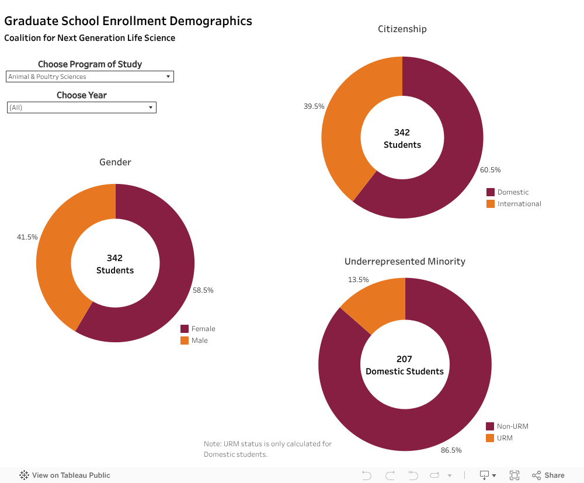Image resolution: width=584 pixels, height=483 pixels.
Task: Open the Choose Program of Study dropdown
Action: pos(89,77)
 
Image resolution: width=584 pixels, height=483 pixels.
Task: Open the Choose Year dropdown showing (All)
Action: pos(81,107)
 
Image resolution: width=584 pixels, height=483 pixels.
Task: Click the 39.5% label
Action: pos(314,106)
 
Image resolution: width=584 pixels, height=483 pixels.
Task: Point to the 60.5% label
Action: pos(490,170)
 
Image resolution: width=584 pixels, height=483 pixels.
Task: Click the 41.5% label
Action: pos(27,237)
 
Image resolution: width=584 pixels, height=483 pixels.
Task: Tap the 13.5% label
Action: pos(358,280)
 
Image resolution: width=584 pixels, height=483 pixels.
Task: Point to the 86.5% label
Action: pos(451,450)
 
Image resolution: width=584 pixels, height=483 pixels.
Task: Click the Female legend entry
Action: pos(203,329)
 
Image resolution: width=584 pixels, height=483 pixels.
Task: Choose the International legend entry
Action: pos(519,204)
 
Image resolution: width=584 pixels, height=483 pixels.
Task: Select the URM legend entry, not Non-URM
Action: pos(504,438)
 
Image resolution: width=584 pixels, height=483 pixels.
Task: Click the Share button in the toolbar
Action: pos(548,475)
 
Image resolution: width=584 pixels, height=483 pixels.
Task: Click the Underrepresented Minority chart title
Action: pos(405,262)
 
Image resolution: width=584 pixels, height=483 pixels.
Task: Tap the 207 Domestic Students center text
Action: pos(404,366)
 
